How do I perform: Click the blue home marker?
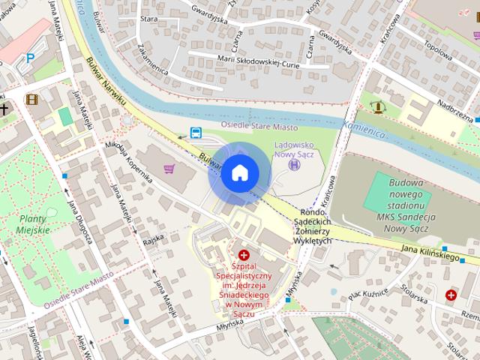238,173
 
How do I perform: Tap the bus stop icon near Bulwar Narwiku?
196,133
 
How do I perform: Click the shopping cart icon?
169,168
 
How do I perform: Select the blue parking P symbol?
30,57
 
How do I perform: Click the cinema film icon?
31,98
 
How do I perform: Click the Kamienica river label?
364,130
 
